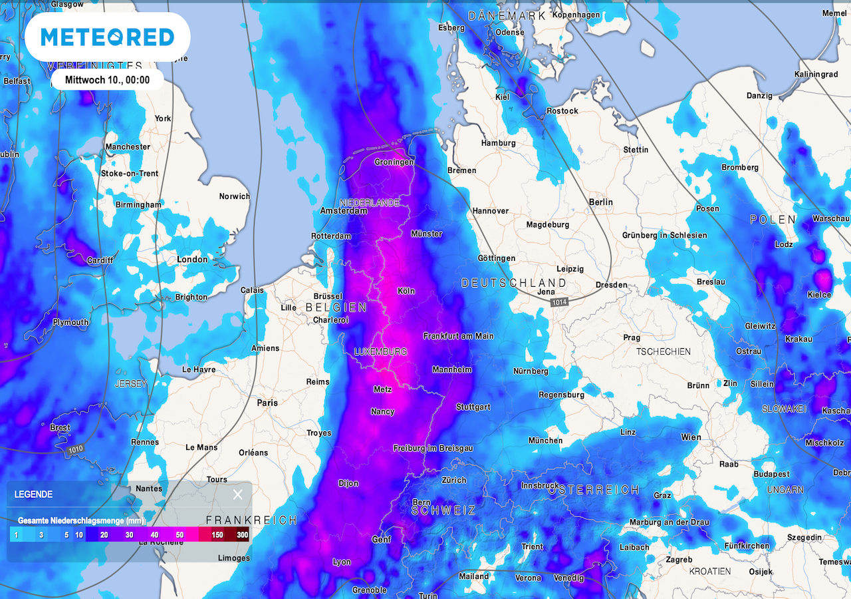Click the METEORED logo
(x=107, y=37)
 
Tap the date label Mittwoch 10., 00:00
(x=107, y=80)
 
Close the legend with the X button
(x=237, y=494)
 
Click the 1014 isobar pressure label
(x=559, y=303)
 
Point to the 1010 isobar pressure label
(x=76, y=451)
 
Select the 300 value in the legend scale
(x=242, y=534)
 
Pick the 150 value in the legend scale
(x=217, y=534)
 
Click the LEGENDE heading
(x=33, y=495)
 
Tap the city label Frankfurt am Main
(x=458, y=336)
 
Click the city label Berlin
(x=601, y=202)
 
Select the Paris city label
(x=267, y=403)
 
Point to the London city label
(x=192, y=260)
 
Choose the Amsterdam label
(x=344, y=211)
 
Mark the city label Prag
(x=632, y=337)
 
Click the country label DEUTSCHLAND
(x=514, y=284)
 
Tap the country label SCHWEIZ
(x=443, y=510)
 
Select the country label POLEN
(x=773, y=220)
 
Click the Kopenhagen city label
(x=576, y=15)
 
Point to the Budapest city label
(x=771, y=474)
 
